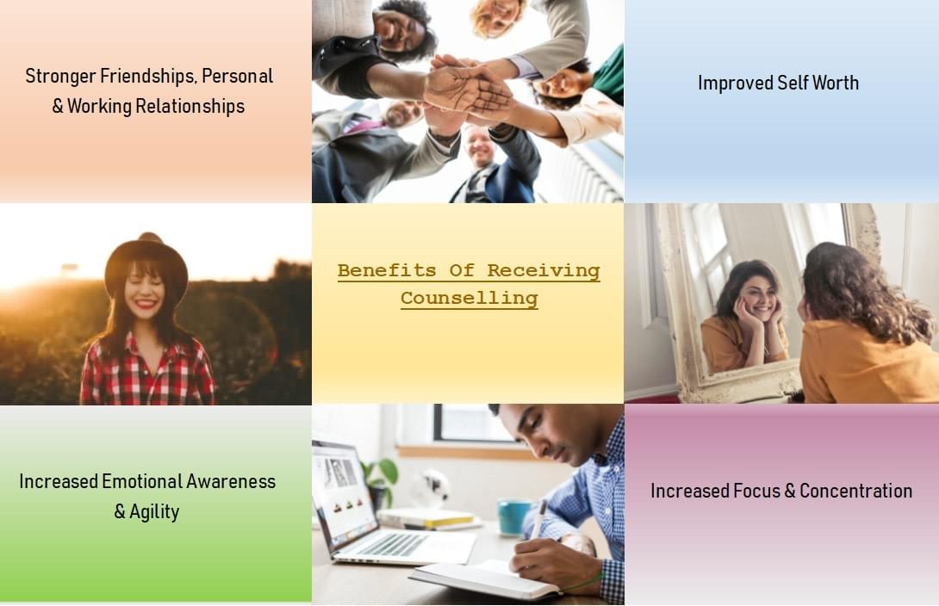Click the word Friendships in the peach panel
[147, 77]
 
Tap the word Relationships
[190, 106]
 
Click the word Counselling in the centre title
[469, 297]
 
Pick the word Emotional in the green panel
[142, 481]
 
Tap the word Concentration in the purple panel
[855, 491]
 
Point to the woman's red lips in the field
[146, 305]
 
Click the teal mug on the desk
[513, 516]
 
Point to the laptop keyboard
[392, 544]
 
